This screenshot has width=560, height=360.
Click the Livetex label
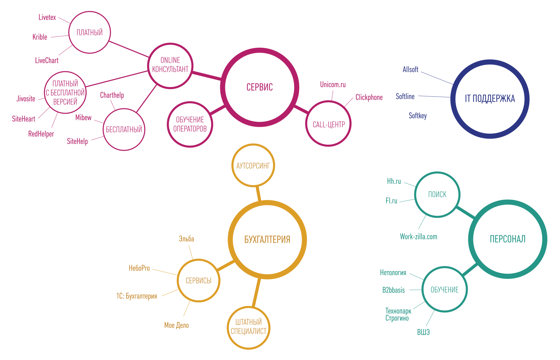[x=47, y=17]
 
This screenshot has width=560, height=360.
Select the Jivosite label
[x=26, y=99]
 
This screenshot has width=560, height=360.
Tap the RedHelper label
[x=41, y=134]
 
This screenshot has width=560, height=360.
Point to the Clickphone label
[x=369, y=97]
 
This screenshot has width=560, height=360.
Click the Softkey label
[x=418, y=116]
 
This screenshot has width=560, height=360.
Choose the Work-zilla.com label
[x=418, y=237]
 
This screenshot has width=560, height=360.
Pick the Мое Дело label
[x=176, y=325]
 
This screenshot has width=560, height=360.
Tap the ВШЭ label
[x=423, y=332]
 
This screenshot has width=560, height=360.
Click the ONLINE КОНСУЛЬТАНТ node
[x=170, y=65]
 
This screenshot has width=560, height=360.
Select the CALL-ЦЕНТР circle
[x=328, y=124]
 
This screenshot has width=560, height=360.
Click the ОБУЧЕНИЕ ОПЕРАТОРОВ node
[x=190, y=124]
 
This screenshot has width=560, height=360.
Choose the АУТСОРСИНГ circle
[x=253, y=166]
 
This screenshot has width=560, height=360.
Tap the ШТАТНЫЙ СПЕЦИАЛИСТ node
[x=249, y=327]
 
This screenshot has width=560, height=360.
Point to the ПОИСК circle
[x=437, y=195]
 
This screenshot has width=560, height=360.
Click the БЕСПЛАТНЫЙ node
[x=124, y=129]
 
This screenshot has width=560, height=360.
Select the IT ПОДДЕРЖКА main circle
[x=490, y=99]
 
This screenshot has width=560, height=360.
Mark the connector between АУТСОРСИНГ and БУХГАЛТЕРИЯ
[x=258, y=194]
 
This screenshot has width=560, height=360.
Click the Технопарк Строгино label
[x=398, y=315]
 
